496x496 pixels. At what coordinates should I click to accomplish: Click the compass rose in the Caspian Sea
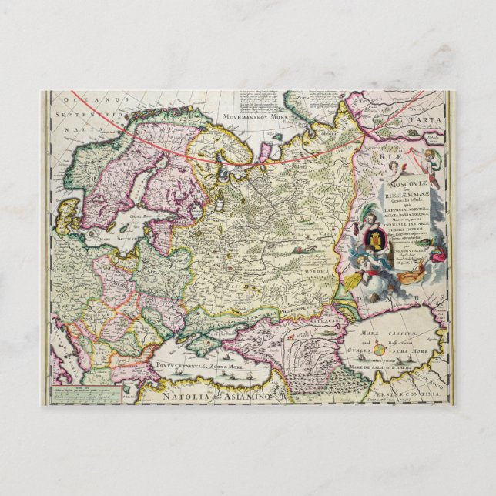coord(383,351)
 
